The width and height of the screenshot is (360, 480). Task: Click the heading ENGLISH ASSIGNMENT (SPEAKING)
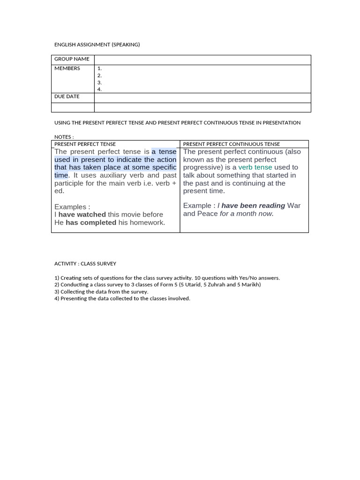click(x=97, y=45)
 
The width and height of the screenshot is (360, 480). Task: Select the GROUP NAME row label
click(x=72, y=59)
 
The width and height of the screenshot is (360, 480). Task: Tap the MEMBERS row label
click(x=67, y=68)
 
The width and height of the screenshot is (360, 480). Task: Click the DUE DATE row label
click(x=67, y=97)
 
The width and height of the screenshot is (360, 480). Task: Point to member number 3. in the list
click(x=99, y=82)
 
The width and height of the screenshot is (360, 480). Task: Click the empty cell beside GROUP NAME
click(x=202, y=60)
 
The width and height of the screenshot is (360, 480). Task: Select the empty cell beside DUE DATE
click(x=202, y=97)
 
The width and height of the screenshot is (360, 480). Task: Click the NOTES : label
click(x=64, y=137)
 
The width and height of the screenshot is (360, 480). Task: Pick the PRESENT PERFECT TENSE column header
click(x=85, y=144)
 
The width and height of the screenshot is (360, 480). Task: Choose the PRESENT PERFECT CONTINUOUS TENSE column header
click(x=231, y=144)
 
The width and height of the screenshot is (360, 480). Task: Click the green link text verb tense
click(x=255, y=167)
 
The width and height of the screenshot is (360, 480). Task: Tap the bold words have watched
click(x=82, y=215)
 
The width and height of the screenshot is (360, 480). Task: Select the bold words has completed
click(x=91, y=223)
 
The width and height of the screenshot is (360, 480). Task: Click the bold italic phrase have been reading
click(x=253, y=206)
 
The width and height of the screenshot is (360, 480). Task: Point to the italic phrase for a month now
click(x=247, y=214)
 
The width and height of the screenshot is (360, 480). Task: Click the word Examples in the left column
click(x=70, y=207)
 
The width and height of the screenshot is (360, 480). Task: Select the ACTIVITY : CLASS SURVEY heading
click(x=85, y=264)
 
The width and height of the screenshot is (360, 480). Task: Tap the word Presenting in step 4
click(x=74, y=299)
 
